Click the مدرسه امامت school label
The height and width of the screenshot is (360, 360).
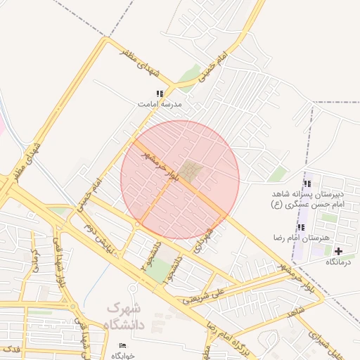point(160,103)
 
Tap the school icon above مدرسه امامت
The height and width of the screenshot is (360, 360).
point(160,94)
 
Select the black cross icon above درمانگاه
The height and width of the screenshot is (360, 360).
point(338,251)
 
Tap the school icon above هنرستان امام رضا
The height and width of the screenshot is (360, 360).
point(302,228)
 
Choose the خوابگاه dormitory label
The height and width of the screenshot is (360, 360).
point(124,355)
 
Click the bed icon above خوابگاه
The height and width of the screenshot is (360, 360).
point(123,345)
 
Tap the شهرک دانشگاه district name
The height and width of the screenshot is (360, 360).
point(124,316)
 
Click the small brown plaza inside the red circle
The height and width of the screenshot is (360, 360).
point(188,170)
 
